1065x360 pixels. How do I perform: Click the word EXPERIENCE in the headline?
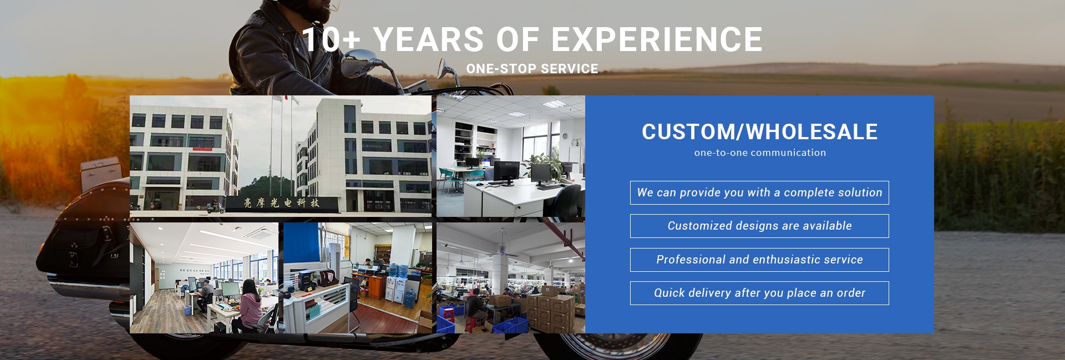(x=657, y=39)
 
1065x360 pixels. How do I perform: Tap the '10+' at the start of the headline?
(x=331, y=39)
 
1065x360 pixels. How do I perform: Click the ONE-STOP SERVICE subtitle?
(x=532, y=69)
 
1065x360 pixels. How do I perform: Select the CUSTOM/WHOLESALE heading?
(x=759, y=131)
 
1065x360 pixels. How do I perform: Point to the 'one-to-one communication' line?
(x=760, y=153)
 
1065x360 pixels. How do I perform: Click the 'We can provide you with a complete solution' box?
(x=759, y=192)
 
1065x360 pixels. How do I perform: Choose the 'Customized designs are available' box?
(x=759, y=226)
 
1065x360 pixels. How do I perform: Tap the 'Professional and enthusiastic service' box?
(x=759, y=260)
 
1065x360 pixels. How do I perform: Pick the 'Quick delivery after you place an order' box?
(x=759, y=293)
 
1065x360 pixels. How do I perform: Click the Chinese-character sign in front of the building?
(x=282, y=203)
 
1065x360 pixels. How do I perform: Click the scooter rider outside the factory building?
(x=215, y=207)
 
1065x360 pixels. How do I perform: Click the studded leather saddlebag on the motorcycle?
(x=83, y=244)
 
